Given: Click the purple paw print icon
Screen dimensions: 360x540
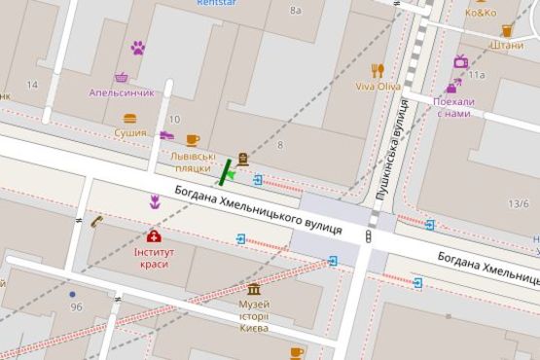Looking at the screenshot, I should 138,47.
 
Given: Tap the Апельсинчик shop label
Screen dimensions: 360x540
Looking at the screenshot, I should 122,93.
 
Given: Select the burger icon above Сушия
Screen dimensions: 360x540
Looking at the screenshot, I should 130,119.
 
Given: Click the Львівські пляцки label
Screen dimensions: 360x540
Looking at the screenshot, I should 192,162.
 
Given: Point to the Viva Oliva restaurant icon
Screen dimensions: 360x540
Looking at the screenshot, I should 378,70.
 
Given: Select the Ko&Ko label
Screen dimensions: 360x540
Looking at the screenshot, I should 481,14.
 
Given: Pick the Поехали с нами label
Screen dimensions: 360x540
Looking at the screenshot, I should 453,107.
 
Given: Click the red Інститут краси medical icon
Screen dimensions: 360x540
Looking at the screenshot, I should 154,235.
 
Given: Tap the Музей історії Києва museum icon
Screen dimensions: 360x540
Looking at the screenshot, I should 254,290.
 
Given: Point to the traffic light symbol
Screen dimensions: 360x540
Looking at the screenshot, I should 369,236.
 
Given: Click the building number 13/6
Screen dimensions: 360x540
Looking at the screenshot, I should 519,204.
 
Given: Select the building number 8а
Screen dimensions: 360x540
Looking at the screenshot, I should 296,11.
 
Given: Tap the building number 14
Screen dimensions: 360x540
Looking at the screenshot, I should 32,85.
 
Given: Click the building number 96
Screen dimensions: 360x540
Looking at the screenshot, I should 76,307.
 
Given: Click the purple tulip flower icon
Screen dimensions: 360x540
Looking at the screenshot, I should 154,201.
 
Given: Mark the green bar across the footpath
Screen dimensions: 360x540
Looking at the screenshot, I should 227,171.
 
